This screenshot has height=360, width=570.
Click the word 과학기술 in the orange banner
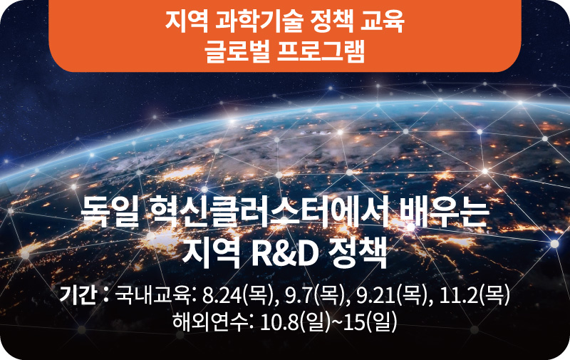[259, 23]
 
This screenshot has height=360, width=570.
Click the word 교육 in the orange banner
[382, 23]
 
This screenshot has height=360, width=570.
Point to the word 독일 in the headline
[109, 212]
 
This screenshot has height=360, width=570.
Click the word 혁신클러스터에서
[269, 212]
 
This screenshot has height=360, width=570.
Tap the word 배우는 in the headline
[443, 212]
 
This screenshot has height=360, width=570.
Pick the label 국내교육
[152, 295]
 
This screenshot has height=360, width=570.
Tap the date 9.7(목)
[314, 295]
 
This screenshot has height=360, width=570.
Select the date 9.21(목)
[391, 295]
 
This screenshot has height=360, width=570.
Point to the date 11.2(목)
[475, 295]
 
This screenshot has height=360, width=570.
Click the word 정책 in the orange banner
[331, 23]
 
